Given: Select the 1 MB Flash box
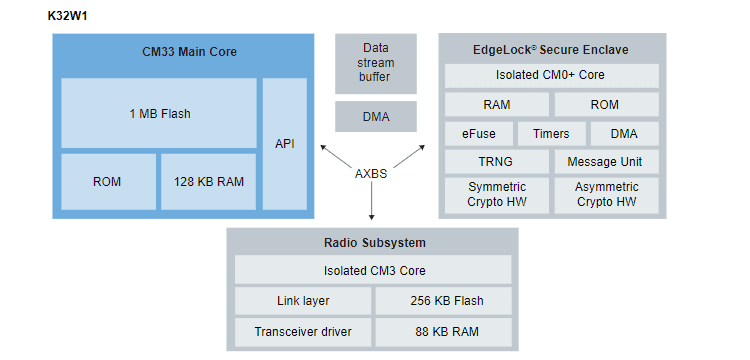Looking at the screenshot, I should (x=158, y=113).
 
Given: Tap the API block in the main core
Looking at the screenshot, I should (x=285, y=143).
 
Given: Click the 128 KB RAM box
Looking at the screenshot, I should (x=208, y=181).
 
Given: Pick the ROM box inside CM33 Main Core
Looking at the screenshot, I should (x=107, y=181).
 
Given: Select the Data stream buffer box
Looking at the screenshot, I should (x=376, y=62).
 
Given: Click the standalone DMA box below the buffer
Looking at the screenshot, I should (x=376, y=117).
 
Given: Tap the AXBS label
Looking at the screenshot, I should (x=372, y=173).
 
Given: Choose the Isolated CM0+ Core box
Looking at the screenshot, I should (x=551, y=76).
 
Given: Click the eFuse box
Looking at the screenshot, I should (x=478, y=134).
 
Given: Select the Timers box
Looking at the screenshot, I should (x=551, y=134).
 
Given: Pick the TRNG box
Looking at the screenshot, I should (x=496, y=162).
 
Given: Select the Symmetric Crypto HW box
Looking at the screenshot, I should (x=496, y=194).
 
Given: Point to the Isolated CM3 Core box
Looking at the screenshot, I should (x=372, y=270).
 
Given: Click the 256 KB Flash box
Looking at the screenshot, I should (x=442, y=301).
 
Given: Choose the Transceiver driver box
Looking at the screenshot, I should (x=303, y=332).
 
